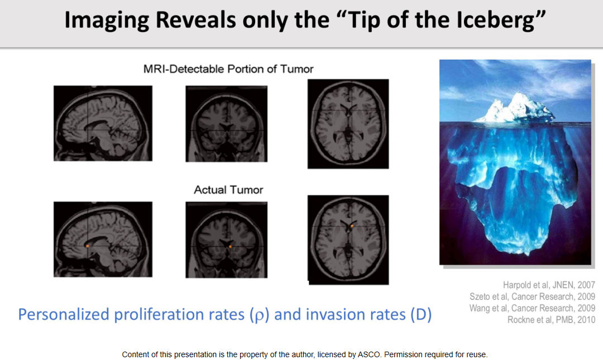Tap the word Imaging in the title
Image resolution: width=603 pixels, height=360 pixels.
[x=107, y=20]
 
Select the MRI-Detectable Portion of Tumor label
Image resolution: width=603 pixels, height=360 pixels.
[x=228, y=69]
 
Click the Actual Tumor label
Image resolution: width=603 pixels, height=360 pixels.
[x=228, y=190]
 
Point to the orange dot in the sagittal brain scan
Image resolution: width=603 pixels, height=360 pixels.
[x=88, y=246]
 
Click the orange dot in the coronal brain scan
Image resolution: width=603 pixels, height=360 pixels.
[x=231, y=247]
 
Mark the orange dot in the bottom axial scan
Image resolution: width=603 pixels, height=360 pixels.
[x=352, y=226]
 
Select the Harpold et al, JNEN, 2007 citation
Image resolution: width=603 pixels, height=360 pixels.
[x=549, y=285]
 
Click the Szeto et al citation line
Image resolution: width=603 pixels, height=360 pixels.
[x=532, y=296]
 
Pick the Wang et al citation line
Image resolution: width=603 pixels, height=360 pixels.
[x=532, y=308]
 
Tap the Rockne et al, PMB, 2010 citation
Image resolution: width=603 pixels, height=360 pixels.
[x=551, y=320]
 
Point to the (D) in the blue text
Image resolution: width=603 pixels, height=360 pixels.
[x=421, y=315]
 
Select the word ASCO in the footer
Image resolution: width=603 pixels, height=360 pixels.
[x=369, y=354]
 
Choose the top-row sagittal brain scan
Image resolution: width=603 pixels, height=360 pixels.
[x=103, y=123]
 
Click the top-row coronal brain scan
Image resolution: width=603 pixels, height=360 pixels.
[x=227, y=124]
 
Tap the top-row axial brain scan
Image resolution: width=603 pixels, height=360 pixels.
[x=348, y=124]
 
